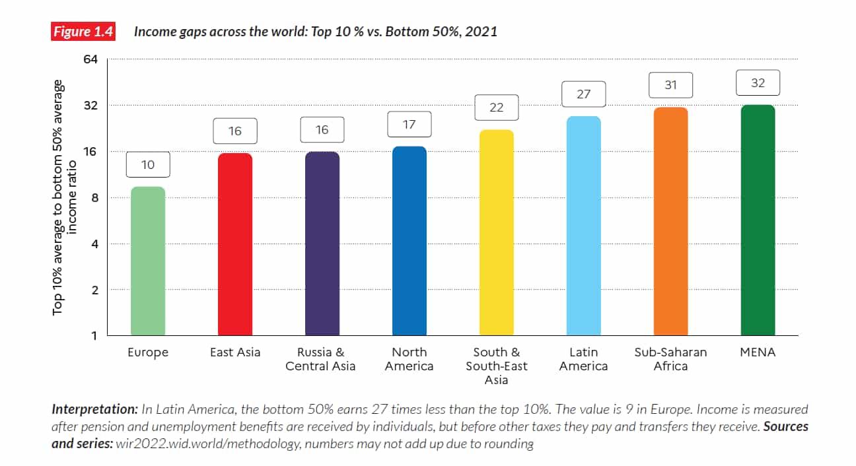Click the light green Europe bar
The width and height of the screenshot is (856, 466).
point(148,261)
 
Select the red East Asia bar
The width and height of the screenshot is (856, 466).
point(235,244)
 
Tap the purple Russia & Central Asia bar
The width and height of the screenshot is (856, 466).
point(322,244)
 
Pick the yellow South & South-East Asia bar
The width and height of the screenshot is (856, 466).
point(497,232)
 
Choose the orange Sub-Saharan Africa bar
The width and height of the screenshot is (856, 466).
point(670,221)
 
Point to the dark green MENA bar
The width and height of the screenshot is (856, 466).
point(758,220)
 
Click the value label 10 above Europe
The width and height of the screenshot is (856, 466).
point(148,164)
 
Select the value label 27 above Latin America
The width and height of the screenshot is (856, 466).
point(583,94)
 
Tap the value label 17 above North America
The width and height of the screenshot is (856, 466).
point(409,124)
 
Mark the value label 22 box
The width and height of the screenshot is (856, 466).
point(497,108)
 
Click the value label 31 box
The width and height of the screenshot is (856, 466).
point(670,85)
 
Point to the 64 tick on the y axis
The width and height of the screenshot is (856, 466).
point(90,59)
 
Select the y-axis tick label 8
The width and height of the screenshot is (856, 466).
point(93,198)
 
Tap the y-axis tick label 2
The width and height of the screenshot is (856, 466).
point(93,290)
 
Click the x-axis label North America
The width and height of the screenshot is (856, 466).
point(409,359)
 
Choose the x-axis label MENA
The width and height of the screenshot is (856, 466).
point(758,352)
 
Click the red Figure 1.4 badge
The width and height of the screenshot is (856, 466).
point(84,32)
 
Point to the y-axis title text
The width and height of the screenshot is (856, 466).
point(65,197)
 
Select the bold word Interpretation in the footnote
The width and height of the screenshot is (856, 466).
point(95,410)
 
